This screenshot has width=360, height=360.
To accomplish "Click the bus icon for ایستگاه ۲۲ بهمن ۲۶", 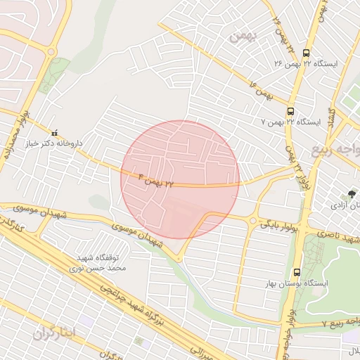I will [x=305, y=52].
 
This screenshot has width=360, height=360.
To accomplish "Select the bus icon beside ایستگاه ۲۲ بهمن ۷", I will [x=290, y=111].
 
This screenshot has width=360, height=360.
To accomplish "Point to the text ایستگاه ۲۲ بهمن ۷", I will [x=290, y=122].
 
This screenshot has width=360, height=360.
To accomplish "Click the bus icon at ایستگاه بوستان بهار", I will [x=296, y=271].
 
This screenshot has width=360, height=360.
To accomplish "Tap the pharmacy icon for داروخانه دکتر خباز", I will [x=55, y=132].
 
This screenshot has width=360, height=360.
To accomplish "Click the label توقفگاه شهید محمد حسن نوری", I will [x=99, y=263].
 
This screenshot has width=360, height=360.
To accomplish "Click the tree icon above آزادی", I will [x=352, y=193].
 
